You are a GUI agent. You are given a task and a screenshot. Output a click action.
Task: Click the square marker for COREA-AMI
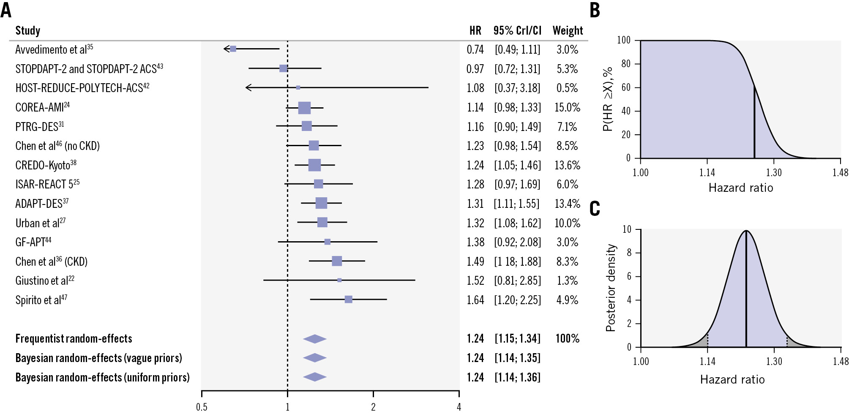pyautogui.click(x=304, y=108)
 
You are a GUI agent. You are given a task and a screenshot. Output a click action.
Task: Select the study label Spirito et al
pyautogui.click(x=41, y=300)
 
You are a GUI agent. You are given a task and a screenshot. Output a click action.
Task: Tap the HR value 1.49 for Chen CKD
pyautogui.click(x=475, y=261)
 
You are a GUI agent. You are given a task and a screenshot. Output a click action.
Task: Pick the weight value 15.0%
pyautogui.click(x=567, y=107)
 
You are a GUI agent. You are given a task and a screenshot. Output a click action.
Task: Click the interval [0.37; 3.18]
pyautogui.click(x=517, y=88)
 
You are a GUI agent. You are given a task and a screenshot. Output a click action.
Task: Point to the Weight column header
pyautogui.click(x=568, y=30)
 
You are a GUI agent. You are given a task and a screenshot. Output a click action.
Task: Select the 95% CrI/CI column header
pyautogui.click(x=517, y=30)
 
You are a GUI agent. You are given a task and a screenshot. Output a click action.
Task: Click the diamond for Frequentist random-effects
pyautogui.click(x=315, y=339)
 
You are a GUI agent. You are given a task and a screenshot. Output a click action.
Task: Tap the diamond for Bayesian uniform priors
pyautogui.click(x=315, y=377)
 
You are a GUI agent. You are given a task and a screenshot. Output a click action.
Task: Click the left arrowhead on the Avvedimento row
pyautogui.click(x=226, y=49)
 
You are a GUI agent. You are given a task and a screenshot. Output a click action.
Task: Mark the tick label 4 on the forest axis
pyautogui.click(x=459, y=407)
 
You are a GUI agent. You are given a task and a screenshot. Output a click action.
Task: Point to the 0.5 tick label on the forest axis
pyautogui.click(x=202, y=407)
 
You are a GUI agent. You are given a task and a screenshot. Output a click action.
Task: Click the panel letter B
pyautogui.click(x=595, y=10)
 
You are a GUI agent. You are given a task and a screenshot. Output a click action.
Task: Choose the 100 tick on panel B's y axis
pyautogui.click(x=624, y=40)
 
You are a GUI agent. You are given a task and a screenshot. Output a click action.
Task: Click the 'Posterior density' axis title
pyautogui.click(x=610, y=288)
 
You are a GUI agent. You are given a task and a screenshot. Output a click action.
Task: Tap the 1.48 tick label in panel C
pyautogui.click(x=840, y=361)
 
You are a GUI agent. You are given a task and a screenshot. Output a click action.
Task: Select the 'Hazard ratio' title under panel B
pyautogui.click(x=741, y=188)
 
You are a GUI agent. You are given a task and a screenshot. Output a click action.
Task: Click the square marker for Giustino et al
pyautogui.click(x=339, y=280)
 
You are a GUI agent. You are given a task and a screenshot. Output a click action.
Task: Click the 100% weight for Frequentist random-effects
pyautogui.click(x=567, y=338)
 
